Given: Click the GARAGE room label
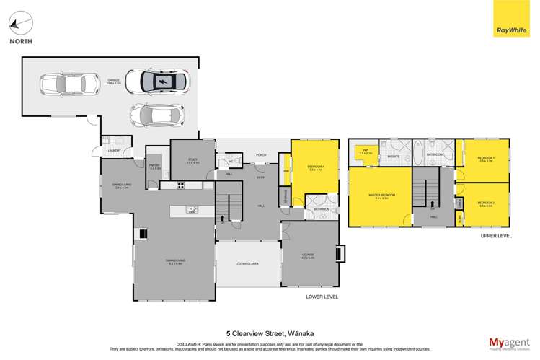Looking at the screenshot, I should point(113,80).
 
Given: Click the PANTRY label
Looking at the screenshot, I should point(154,166).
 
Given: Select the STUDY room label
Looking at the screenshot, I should point(192,161).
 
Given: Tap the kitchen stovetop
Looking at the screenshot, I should point(180,185).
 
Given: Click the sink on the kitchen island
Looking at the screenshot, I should point(192,211).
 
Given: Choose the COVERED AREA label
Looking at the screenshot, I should point(247,264).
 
